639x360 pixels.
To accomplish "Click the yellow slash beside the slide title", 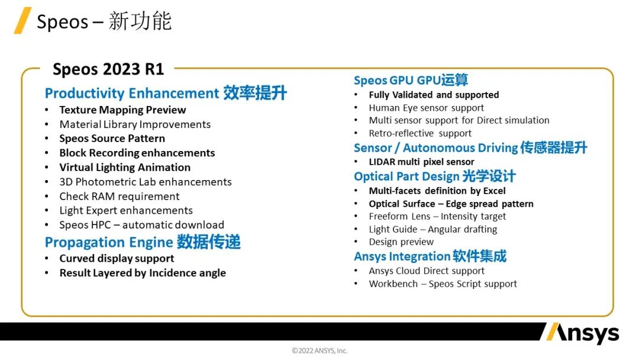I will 22,21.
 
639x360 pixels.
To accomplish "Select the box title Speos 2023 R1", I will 108,69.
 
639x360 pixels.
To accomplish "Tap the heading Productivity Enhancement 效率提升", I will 166,94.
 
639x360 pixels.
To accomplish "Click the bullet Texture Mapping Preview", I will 122,110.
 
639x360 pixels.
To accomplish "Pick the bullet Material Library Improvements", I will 135,124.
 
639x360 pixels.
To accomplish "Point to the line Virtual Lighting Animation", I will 125,168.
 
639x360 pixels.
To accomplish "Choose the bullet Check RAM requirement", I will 120,197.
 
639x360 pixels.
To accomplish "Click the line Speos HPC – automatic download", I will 141,225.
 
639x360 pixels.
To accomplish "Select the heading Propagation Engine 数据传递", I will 143,242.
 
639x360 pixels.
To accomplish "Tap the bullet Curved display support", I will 117,259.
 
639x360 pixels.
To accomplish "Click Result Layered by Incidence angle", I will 143,273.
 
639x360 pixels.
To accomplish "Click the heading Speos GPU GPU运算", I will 411,81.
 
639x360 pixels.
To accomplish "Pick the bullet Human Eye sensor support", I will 426,108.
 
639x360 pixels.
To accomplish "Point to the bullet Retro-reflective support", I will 420,133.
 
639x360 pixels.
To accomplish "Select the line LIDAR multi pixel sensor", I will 421,162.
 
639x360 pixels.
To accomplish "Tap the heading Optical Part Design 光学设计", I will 435,176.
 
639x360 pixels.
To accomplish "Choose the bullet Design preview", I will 401,242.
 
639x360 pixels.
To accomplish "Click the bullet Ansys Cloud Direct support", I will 427,271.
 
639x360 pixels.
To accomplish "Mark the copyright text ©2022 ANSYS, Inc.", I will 319,351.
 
